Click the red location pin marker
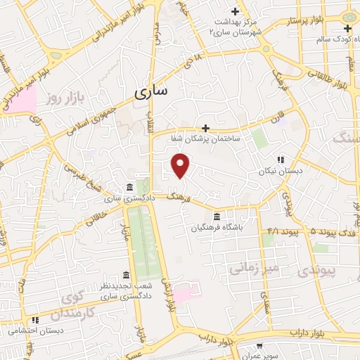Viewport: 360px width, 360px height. [x=181, y=165]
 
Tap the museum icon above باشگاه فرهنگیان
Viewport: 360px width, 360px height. [x=217, y=216]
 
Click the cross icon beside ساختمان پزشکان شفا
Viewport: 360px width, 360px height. [x=205, y=128]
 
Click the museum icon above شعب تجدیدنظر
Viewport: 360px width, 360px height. [x=126, y=274]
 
